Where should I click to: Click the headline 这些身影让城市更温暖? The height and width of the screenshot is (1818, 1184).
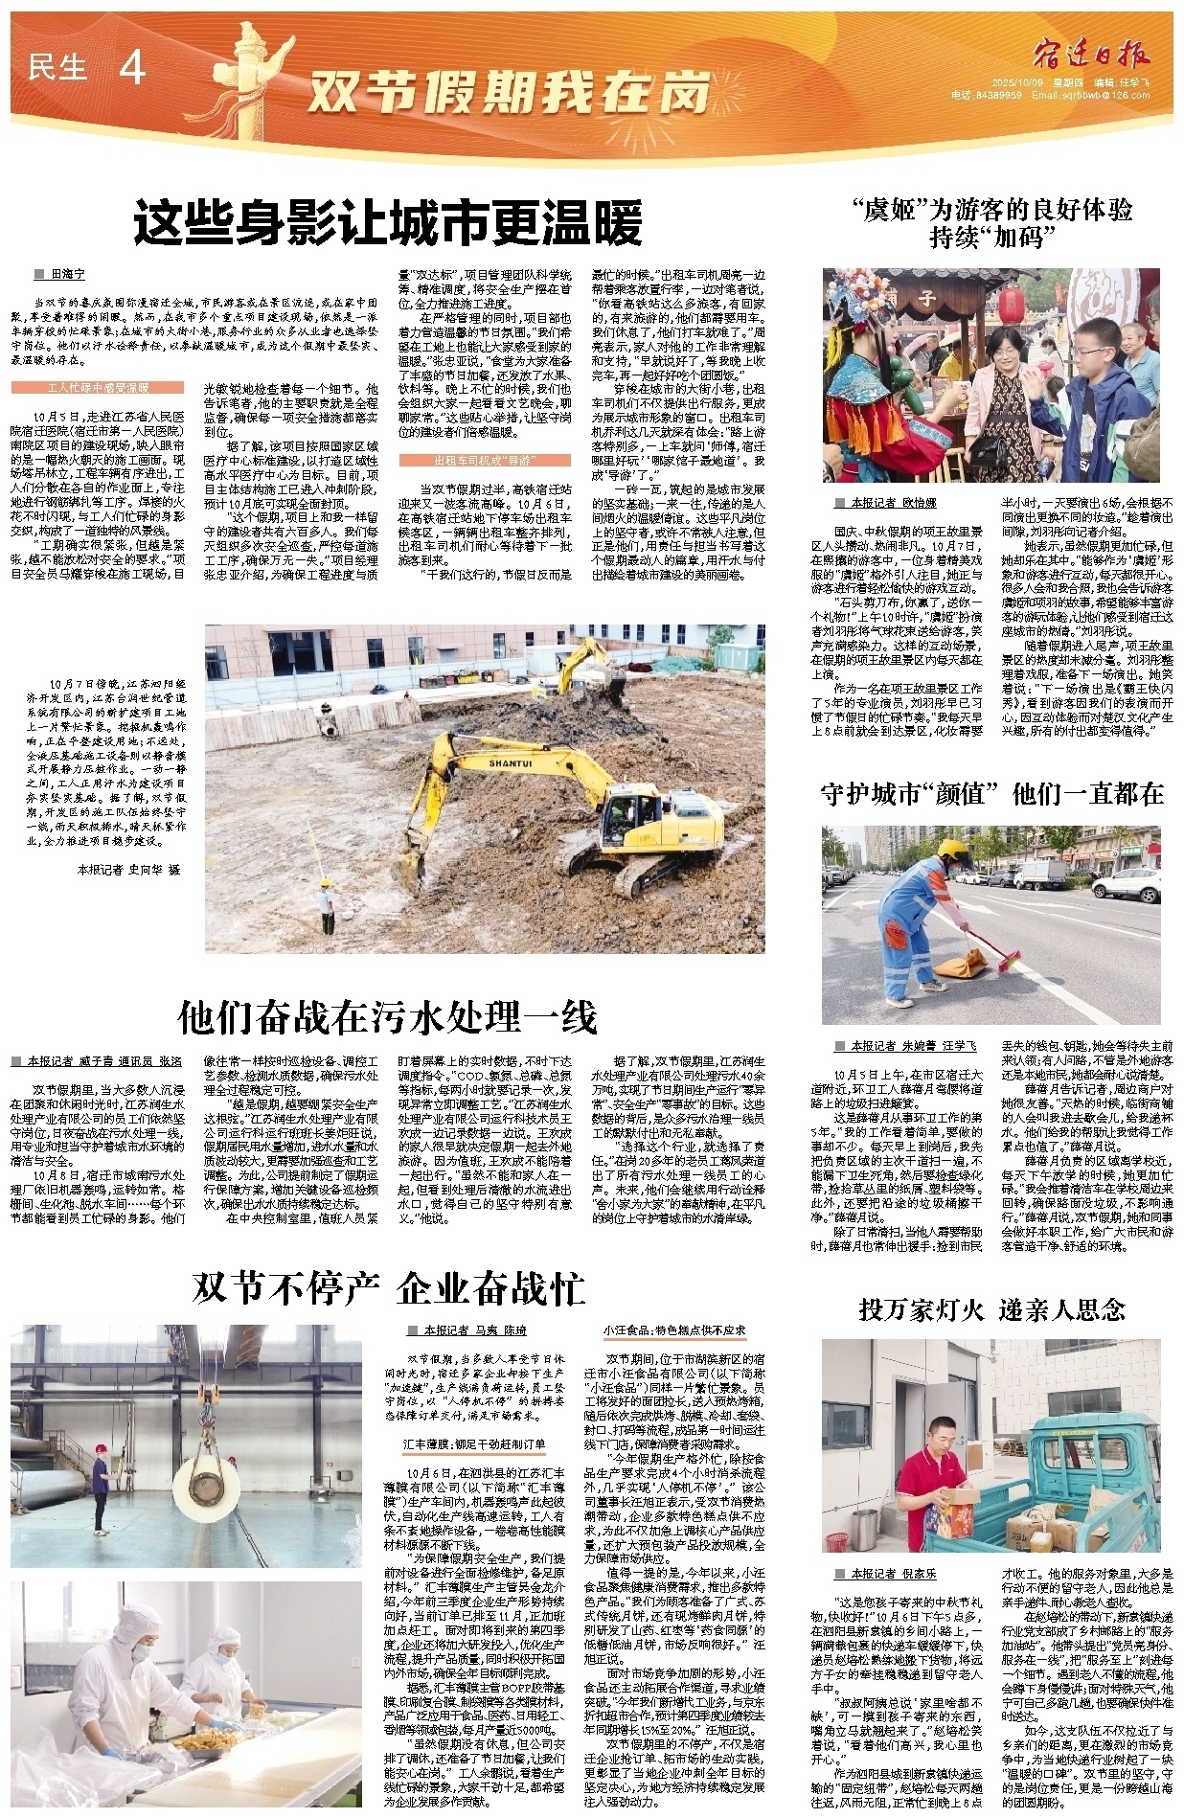tap(388, 224)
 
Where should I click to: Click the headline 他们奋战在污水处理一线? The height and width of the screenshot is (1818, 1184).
tap(387, 1016)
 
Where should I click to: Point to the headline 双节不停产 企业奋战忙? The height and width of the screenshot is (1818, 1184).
tap(388, 1287)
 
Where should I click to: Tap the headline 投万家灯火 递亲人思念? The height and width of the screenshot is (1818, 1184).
tap(991, 1308)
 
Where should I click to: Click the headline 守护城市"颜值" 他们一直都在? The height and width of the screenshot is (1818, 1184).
tap(991, 793)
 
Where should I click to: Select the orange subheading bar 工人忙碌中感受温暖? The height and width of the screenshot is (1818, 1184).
tap(98, 388)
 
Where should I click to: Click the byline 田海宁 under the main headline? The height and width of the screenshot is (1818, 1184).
tap(67, 275)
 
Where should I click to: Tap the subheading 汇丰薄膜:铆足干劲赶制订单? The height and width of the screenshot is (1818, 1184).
tap(474, 1443)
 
